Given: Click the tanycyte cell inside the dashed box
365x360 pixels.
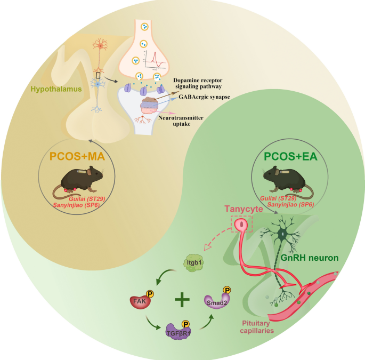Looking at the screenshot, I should click(x=243, y=226).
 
